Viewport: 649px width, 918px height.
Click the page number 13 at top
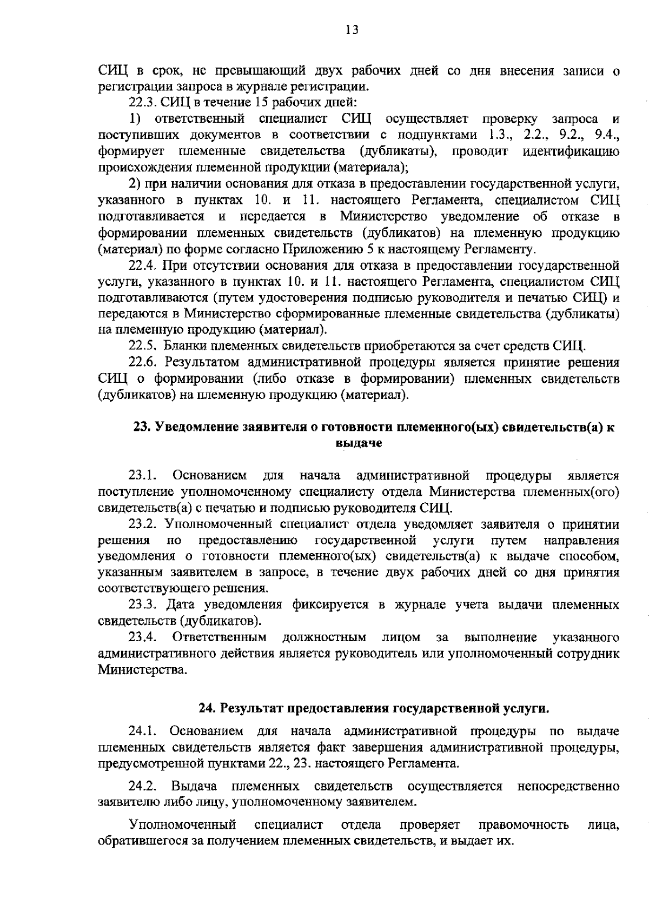pos(352,30)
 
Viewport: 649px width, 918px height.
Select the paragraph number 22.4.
pos(142,265)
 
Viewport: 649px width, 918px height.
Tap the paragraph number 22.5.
pos(142,346)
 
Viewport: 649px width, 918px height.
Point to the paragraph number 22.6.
pos(142,362)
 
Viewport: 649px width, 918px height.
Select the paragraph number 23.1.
pos(142,476)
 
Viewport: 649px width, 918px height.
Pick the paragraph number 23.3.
pos(142,604)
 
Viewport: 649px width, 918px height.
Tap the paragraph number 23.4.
pos(142,637)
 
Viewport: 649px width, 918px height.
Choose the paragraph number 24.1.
pos(142,732)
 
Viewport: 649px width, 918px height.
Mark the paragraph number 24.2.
pos(142,786)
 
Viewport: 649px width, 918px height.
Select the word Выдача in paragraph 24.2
pos(194,786)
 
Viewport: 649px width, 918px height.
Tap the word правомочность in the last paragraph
pos(524,826)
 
